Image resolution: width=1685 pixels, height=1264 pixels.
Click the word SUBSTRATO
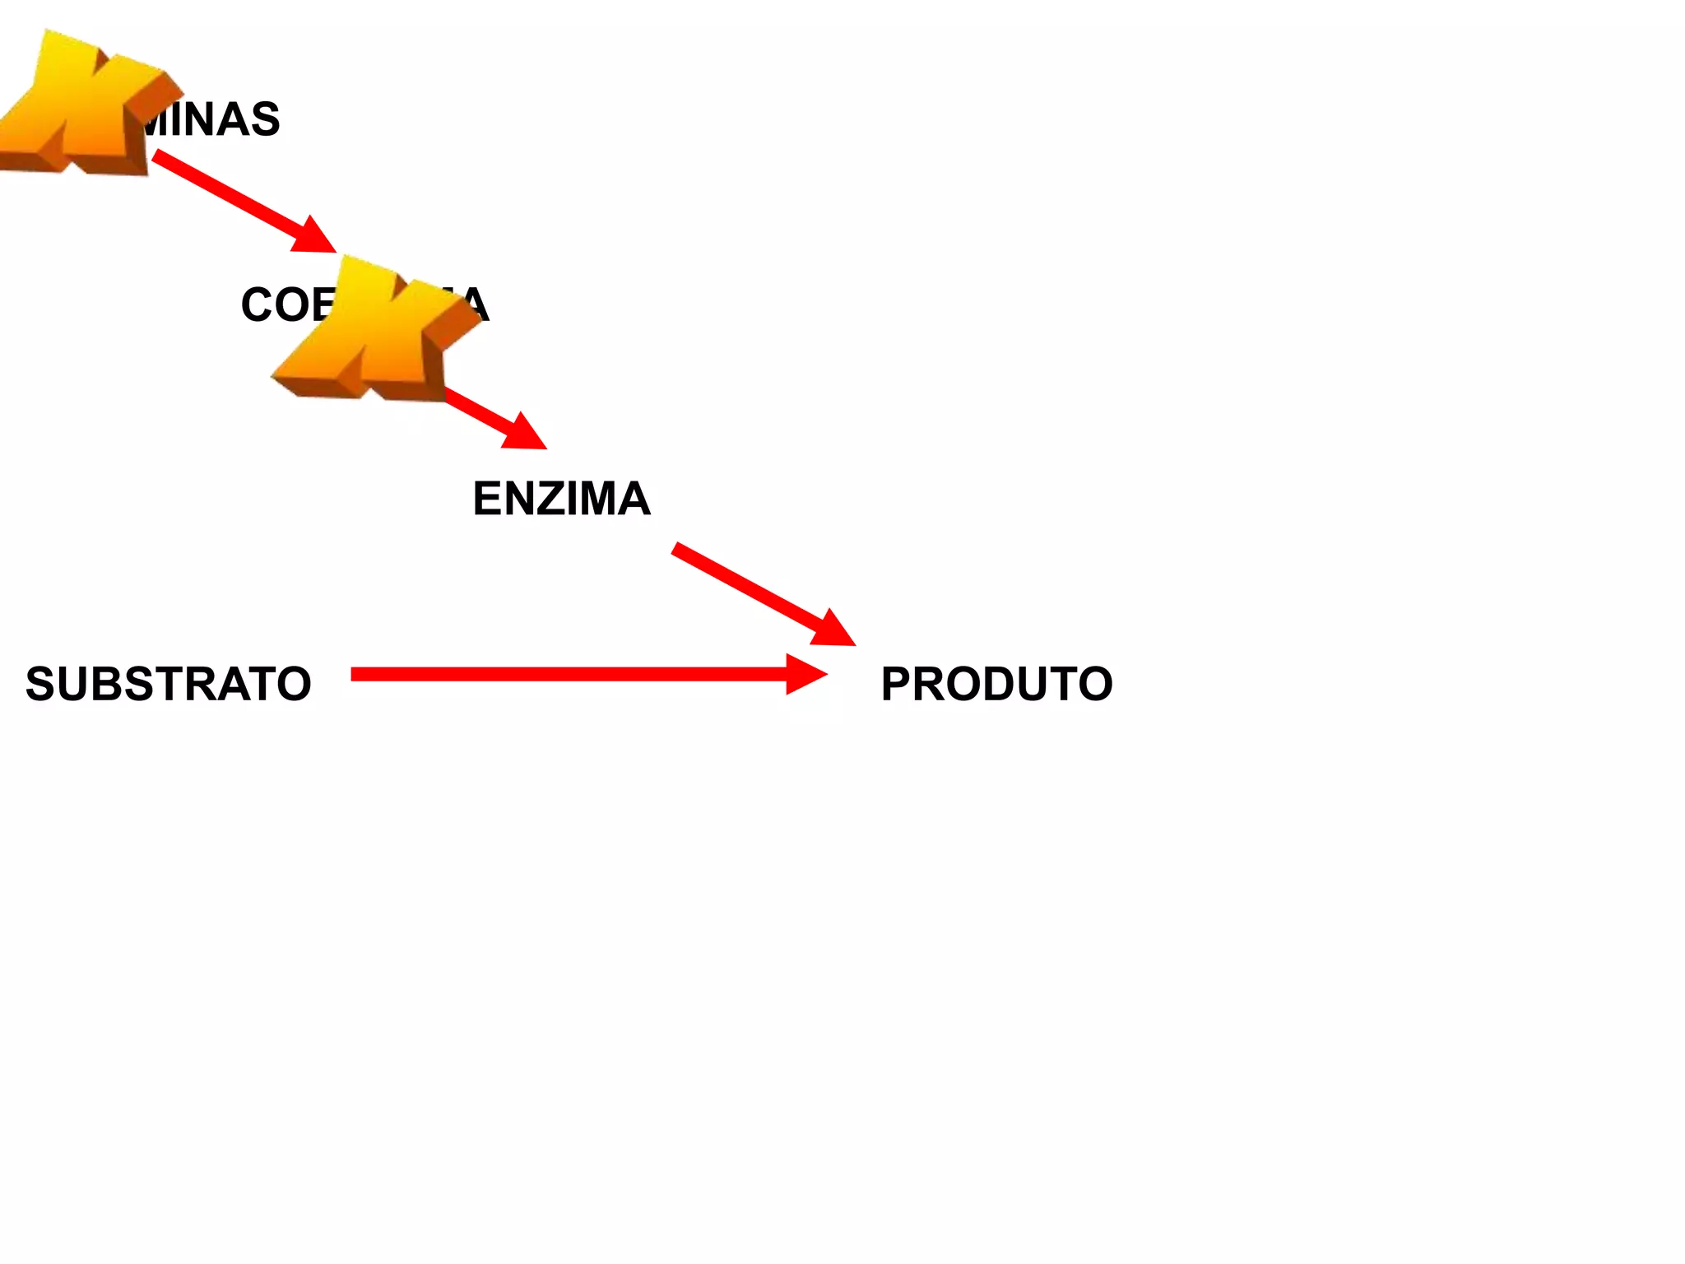click(169, 684)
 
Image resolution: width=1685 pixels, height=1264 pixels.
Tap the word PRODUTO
click(996, 684)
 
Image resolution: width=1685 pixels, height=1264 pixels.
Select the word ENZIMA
click(562, 499)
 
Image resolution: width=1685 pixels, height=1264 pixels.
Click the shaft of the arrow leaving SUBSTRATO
click(568, 675)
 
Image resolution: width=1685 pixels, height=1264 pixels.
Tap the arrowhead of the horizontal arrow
click(805, 675)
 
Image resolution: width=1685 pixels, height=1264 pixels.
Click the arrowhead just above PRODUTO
click(833, 630)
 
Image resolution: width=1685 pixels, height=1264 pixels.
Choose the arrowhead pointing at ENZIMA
click(522, 432)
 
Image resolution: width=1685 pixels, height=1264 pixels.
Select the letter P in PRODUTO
click(897, 684)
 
